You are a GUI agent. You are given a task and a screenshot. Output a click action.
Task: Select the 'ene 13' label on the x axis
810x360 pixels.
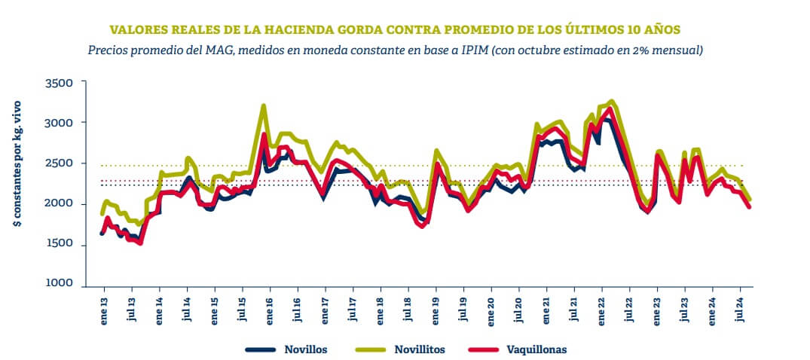[104, 310]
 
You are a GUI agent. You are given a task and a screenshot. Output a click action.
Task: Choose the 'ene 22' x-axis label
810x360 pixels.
[602, 310]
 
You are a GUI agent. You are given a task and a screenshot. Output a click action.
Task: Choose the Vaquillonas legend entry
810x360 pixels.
[537, 349]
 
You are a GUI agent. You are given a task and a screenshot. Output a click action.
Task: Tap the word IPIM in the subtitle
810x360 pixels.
[471, 50]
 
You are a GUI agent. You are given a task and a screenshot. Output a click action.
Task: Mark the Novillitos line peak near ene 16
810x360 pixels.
[264, 105]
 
